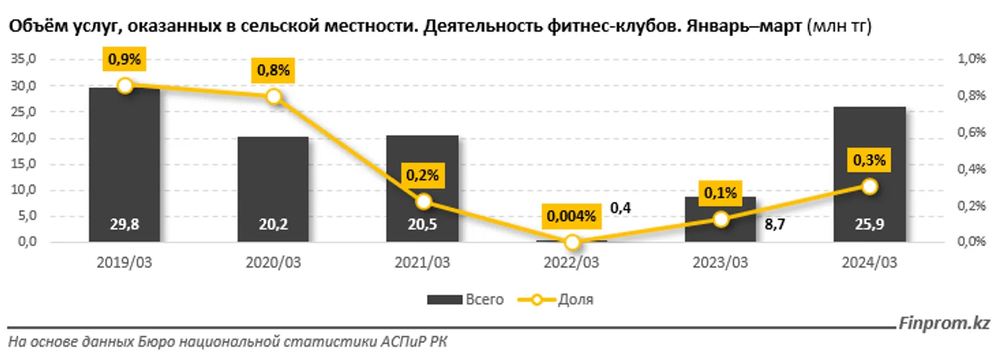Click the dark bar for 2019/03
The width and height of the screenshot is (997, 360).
(124, 165)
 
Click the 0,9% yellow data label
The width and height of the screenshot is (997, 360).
(124, 59)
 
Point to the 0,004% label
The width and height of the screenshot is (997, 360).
(573, 216)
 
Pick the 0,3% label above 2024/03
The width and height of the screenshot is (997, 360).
(869, 160)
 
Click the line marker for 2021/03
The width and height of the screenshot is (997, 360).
(424, 201)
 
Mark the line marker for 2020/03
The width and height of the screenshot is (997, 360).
(274, 97)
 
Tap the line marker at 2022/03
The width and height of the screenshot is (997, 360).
(573, 242)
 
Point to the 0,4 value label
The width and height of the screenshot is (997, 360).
(621, 209)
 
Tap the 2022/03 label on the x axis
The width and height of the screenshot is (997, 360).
(572, 262)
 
